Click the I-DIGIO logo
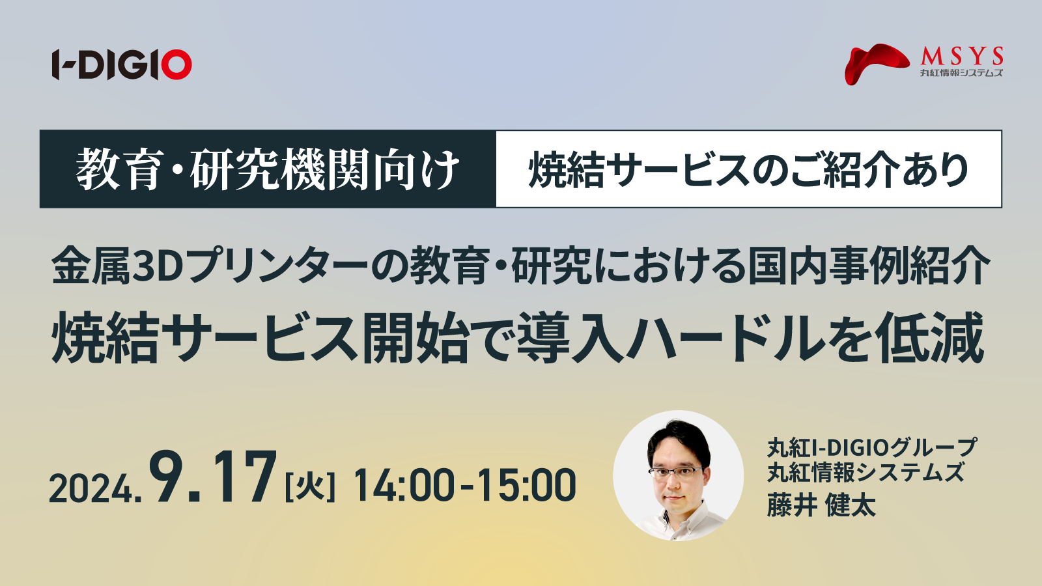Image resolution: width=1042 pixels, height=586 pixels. pyautogui.click(x=122, y=64)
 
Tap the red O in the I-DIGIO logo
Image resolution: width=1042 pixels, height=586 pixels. pyautogui.click(x=176, y=64)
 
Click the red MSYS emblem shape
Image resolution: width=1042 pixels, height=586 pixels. pyautogui.click(x=877, y=64)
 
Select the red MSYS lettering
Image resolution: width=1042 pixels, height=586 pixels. pyautogui.click(x=962, y=57)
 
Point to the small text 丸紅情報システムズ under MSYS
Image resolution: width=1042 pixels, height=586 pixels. pyautogui.click(x=961, y=72)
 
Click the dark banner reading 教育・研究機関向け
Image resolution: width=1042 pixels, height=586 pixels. pyautogui.click(x=268, y=169)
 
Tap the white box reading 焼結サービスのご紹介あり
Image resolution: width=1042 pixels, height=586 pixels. pyautogui.click(x=749, y=169)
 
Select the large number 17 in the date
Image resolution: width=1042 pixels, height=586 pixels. pyautogui.click(x=244, y=478)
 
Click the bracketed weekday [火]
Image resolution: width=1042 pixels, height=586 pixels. pyautogui.click(x=310, y=486)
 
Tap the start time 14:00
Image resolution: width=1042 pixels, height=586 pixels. pyautogui.click(x=404, y=486)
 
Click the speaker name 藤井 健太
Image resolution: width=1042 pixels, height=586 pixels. pyautogui.click(x=821, y=506)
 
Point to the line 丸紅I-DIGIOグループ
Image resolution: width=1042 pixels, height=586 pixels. pyautogui.click(x=872, y=447)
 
